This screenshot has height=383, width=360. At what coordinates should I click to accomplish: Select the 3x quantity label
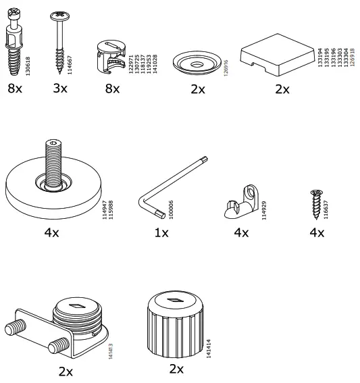pyautogui.click(x=61, y=88)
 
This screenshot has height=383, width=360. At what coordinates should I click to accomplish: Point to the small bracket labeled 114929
pyautogui.click(x=240, y=203)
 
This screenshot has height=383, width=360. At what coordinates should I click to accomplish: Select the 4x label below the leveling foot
pyautogui.click(x=52, y=232)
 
